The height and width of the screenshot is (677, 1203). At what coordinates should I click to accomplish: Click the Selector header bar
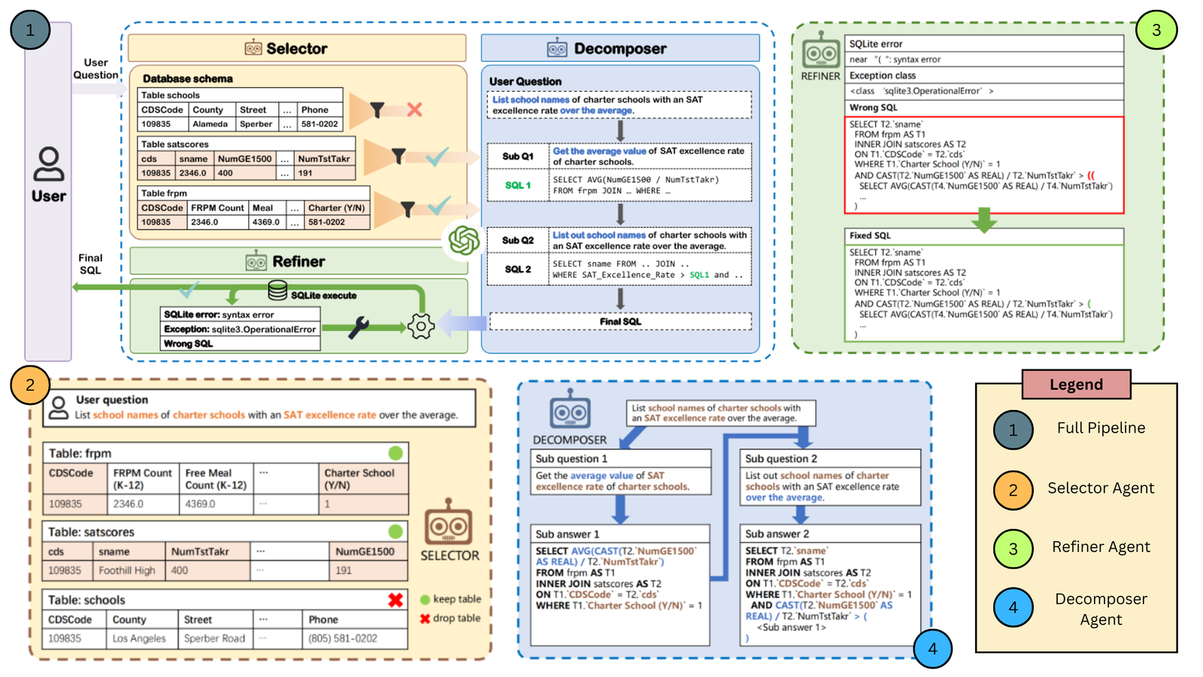(296, 48)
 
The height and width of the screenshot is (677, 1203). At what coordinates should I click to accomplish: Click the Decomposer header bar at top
(620, 48)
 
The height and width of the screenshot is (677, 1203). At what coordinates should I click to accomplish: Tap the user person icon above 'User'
(49, 164)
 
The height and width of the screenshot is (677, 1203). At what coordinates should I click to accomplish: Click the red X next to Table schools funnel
(414, 110)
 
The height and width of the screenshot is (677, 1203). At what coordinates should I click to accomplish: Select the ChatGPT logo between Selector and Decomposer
(464, 241)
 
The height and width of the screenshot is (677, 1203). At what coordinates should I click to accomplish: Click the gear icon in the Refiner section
(421, 326)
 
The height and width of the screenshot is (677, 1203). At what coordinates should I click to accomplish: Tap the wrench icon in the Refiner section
(359, 327)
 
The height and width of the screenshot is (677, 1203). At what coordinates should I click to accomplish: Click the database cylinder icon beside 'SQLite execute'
(277, 290)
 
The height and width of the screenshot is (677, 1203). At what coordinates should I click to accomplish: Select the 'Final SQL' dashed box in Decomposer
(620, 321)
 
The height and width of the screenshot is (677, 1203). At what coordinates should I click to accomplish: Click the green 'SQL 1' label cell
(517, 185)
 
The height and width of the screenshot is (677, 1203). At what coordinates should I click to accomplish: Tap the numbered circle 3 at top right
(1156, 30)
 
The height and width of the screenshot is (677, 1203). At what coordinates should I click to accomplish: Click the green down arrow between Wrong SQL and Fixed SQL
(983, 220)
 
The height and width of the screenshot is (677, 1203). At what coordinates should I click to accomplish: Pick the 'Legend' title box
(1076, 384)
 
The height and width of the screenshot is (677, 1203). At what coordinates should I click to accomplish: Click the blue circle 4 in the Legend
(1013, 607)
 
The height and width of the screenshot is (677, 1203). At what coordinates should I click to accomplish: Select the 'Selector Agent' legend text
(1100, 488)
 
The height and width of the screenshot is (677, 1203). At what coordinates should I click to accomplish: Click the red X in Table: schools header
(395, 600)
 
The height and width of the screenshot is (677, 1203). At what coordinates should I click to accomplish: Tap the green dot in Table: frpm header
(395, 453)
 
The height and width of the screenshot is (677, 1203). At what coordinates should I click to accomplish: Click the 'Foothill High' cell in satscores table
(126, 570)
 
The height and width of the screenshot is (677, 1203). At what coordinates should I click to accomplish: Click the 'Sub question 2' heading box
(830, 458)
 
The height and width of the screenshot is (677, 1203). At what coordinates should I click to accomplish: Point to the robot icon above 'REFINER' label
(820, 53)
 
